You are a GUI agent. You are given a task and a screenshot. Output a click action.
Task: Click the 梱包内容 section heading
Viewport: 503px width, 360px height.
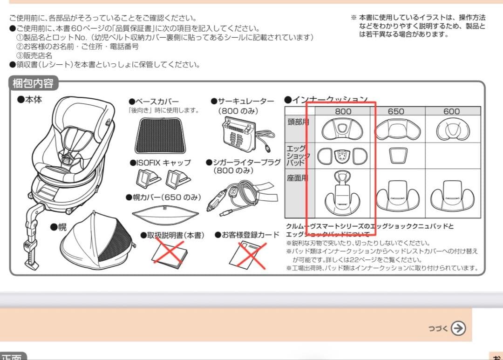33,84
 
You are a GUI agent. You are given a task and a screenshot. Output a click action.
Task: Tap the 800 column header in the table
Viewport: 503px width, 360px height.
343,111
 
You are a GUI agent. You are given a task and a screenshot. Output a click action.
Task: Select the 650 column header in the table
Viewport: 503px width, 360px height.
396,111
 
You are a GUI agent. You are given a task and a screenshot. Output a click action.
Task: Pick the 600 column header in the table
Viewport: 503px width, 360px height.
451,111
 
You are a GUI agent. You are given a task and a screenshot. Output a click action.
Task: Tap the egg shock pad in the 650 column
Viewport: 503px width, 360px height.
396,156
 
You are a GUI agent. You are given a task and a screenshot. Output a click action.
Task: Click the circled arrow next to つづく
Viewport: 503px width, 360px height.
458,328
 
